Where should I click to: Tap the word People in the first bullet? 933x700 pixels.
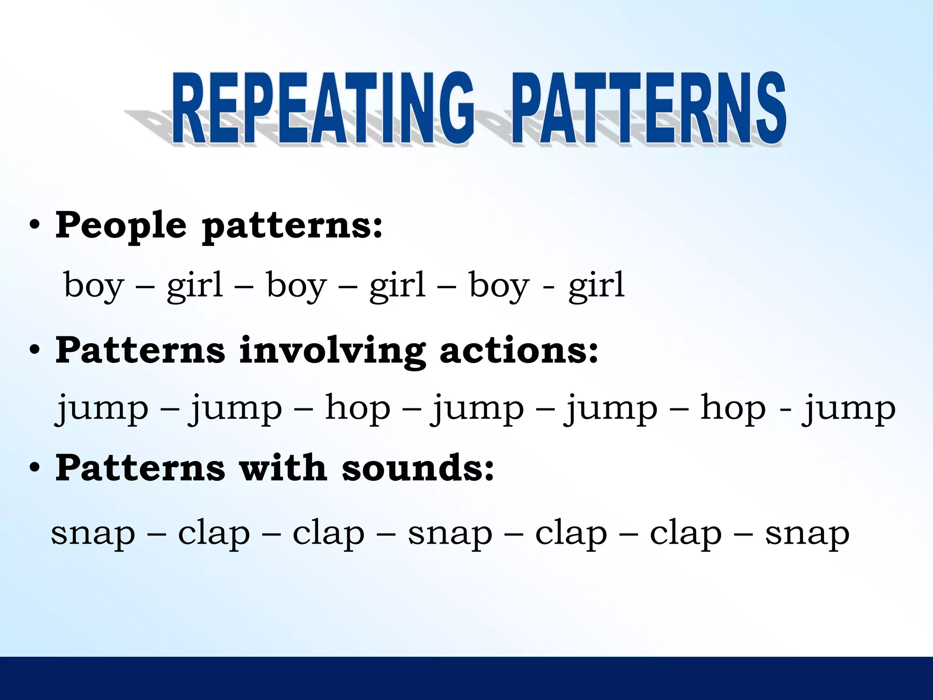[121, 226]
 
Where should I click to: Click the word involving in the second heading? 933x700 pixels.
[333, 351]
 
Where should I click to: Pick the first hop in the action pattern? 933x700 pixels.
[358, 408]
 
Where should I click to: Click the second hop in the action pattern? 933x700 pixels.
[733, 408]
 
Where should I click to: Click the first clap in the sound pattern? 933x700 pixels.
[214, 533]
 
